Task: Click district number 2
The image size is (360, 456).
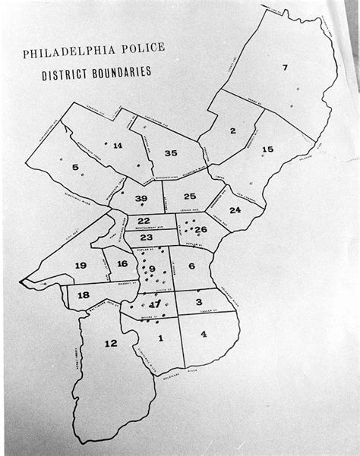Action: pos(232,131)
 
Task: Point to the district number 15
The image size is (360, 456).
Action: pos(267,149)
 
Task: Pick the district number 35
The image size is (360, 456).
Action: pos(171,153)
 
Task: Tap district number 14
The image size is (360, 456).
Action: pos(117,145)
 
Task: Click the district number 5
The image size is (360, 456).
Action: pos(75,167)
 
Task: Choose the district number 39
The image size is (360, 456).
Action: pos(141,199)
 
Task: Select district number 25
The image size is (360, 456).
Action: pos(190,197)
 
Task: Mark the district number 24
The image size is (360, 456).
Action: pos(235,209)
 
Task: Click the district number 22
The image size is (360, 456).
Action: pos(144,221)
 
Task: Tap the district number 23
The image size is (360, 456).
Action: pos(147,237)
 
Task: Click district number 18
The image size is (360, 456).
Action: pos(84,294)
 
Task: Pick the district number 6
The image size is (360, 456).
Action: pos(191,266)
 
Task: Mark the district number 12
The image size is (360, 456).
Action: pos(111,343)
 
